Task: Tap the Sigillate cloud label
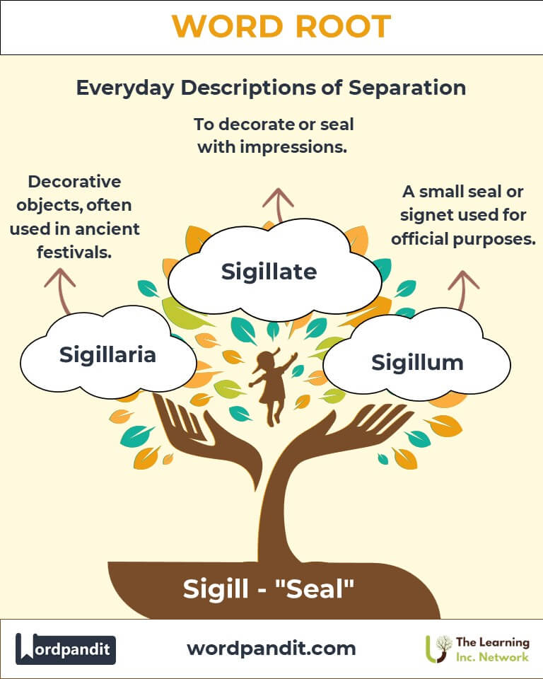269,271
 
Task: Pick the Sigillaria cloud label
107,354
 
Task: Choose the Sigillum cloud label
417,362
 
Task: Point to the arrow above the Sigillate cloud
277,205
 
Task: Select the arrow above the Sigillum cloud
463,289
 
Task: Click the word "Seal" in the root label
317,588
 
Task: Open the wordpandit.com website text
271,648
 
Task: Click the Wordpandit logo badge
66,649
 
